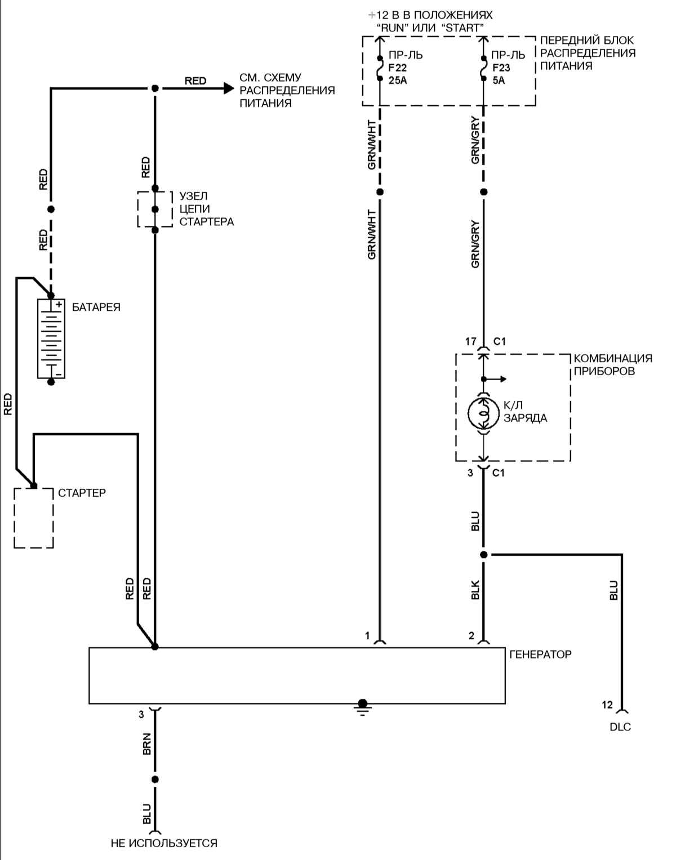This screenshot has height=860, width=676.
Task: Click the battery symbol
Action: (x=51, y=339)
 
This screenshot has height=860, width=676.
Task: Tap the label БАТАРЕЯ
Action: (x=96, y=307)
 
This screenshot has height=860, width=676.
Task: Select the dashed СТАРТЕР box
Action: (x=34, y=518)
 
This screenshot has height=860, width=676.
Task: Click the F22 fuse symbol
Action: (x=380, y=68)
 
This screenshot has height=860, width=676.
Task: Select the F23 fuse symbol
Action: (x=483, y=68)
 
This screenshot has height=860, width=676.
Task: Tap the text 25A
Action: (x=397, y=81)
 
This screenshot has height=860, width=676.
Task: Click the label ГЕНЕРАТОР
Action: (x=540, y=654)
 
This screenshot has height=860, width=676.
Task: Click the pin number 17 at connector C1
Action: (x=470, y=341)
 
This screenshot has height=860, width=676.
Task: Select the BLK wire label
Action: (x=475, y=590)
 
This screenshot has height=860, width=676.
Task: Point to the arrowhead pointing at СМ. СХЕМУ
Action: (x=229, y=88)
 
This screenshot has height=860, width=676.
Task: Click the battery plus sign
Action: (x=59, y=304)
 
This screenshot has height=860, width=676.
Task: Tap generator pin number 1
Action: (x=367, y=636)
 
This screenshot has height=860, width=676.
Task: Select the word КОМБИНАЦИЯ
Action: (x=613, y=359)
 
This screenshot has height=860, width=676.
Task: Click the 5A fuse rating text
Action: (x=499, y=81)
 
